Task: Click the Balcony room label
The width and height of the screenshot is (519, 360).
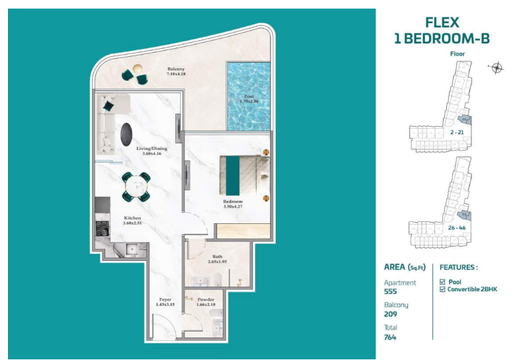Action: [x=175, y=72]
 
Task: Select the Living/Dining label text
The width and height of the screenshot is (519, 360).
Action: [x=152, y=151]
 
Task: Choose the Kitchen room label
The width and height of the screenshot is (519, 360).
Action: [x=132, y=220]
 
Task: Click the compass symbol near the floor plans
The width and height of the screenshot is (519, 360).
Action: [x=497, y=67]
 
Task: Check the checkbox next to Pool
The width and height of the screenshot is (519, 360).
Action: [x=442, y=281]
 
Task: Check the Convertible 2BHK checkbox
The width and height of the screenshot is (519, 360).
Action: [x=442, y=289]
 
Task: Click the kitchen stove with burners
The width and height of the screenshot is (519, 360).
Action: [x=103, y=229]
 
